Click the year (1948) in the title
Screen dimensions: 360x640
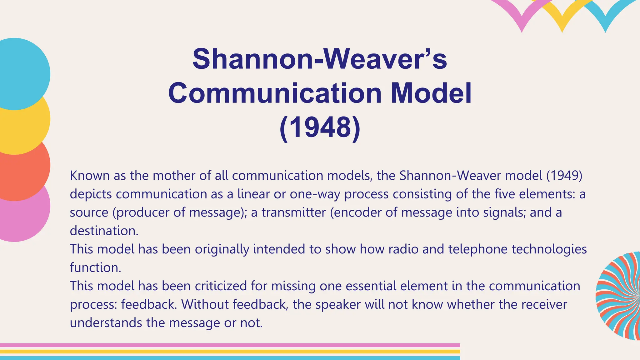[x=320, y=128]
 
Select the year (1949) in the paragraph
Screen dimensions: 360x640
[x=564, y=176]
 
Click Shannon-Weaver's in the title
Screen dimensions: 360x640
[x=320, y=59]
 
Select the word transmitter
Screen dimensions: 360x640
[x=294, y=212]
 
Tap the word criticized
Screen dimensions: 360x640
[x=221, y=286]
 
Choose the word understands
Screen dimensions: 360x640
[x=106, y=322]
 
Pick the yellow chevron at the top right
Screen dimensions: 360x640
[x=562, y=19]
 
